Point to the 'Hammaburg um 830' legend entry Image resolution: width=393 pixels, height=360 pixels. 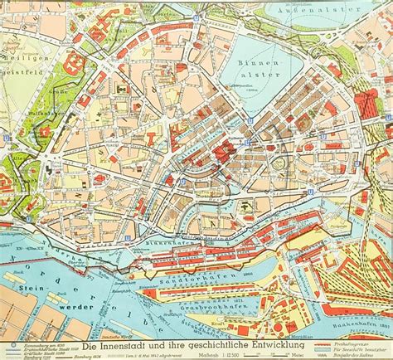(x=29, y=338)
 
